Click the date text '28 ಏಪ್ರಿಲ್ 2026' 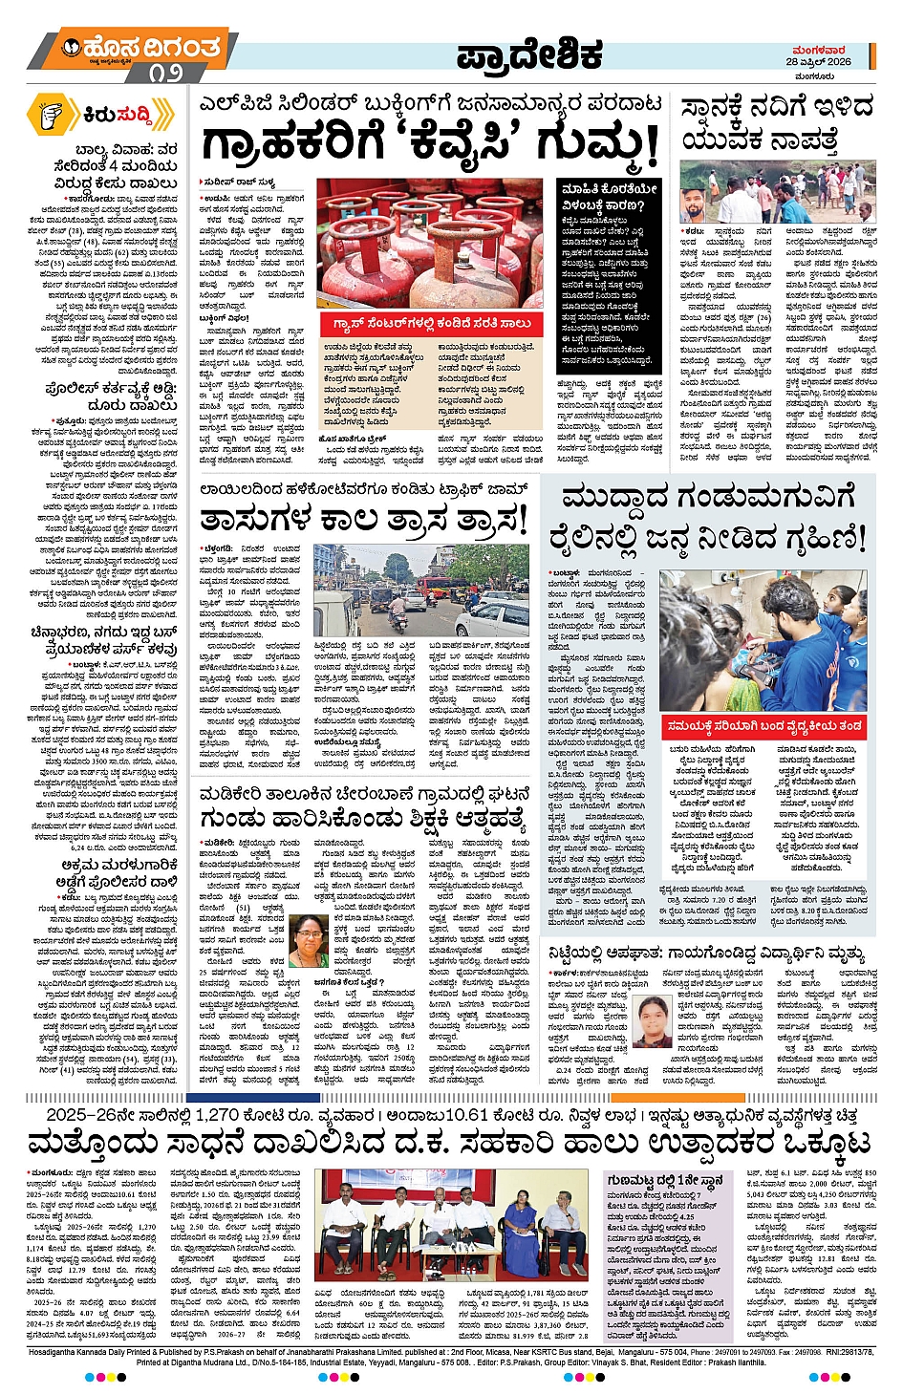pos(819,61)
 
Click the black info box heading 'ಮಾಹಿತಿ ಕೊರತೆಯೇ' pos(609,189)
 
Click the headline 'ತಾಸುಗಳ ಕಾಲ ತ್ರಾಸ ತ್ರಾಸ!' pos(363,521)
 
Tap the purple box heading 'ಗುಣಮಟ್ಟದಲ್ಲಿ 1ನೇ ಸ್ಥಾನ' pos(665,1181)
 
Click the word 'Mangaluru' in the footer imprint pos(713,1353)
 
